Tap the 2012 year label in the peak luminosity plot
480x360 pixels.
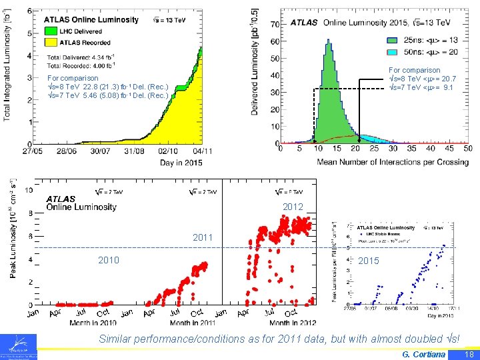293,207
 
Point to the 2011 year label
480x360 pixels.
203,237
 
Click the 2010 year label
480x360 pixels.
109,260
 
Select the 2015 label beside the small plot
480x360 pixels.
369,261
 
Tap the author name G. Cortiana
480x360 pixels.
424,354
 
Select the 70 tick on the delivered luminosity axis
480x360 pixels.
273,25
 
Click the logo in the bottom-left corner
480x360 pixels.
19,346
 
